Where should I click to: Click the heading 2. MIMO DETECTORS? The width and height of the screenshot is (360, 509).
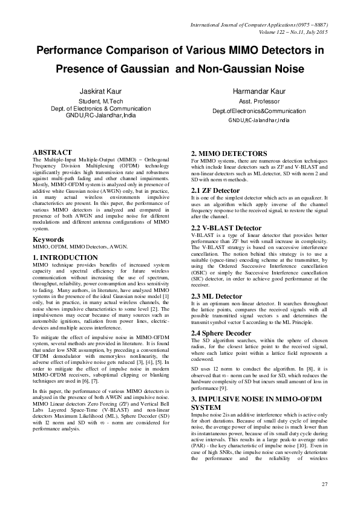click(x=229, y=154)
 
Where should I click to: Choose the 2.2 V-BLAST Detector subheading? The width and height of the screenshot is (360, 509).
click(x=226, y=227)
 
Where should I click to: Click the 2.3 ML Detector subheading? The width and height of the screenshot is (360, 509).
click(x=217, y=279)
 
